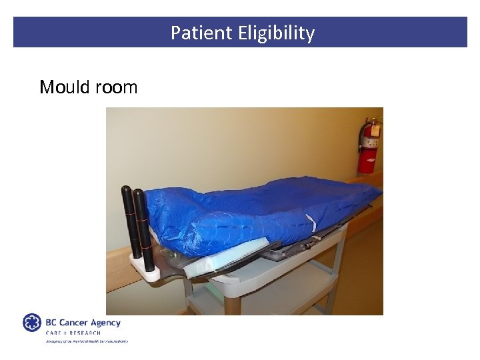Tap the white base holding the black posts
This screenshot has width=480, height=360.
point(147,270)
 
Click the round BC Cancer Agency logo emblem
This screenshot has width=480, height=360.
point(32,323)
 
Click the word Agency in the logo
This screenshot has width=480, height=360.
point(106,323)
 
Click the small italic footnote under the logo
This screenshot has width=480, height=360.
point(86,341)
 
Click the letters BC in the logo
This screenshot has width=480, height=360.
point(51,323)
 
